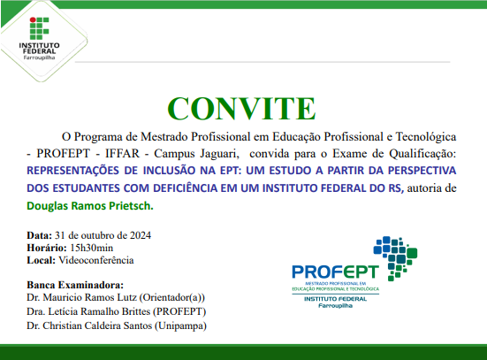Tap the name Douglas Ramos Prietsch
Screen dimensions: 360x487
point(89,205)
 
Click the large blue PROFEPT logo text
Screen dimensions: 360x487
point(334,273)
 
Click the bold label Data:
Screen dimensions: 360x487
point(39,235)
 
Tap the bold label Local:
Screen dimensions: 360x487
point(42,260)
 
